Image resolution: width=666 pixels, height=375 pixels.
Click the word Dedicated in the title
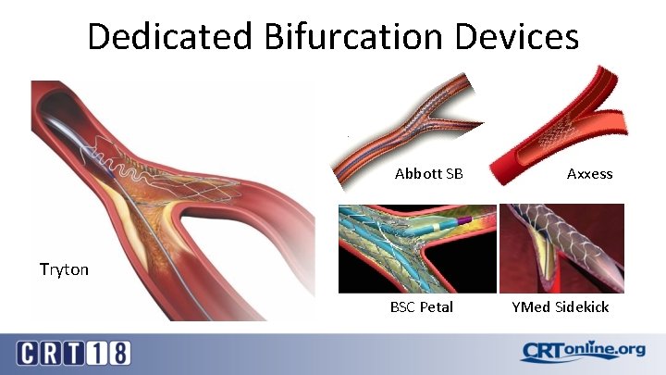[x=169, y=37]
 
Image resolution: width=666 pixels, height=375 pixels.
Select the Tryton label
[x=64, y=269]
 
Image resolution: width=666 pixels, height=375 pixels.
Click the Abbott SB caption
[x=428, y=174]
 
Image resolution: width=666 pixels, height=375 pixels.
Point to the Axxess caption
[x=589, y=174]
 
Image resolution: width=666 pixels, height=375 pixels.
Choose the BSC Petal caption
[x=422, y=306]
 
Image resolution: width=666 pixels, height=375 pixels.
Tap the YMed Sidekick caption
[x=561, y=306]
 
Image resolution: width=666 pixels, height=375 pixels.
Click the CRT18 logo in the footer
[x=74, y=353]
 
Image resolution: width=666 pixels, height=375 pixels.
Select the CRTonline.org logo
[x=582, y=352]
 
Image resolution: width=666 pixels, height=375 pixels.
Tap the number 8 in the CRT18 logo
[x=119, y=353]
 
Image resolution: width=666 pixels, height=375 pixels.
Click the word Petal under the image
[x=436, y=306]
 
